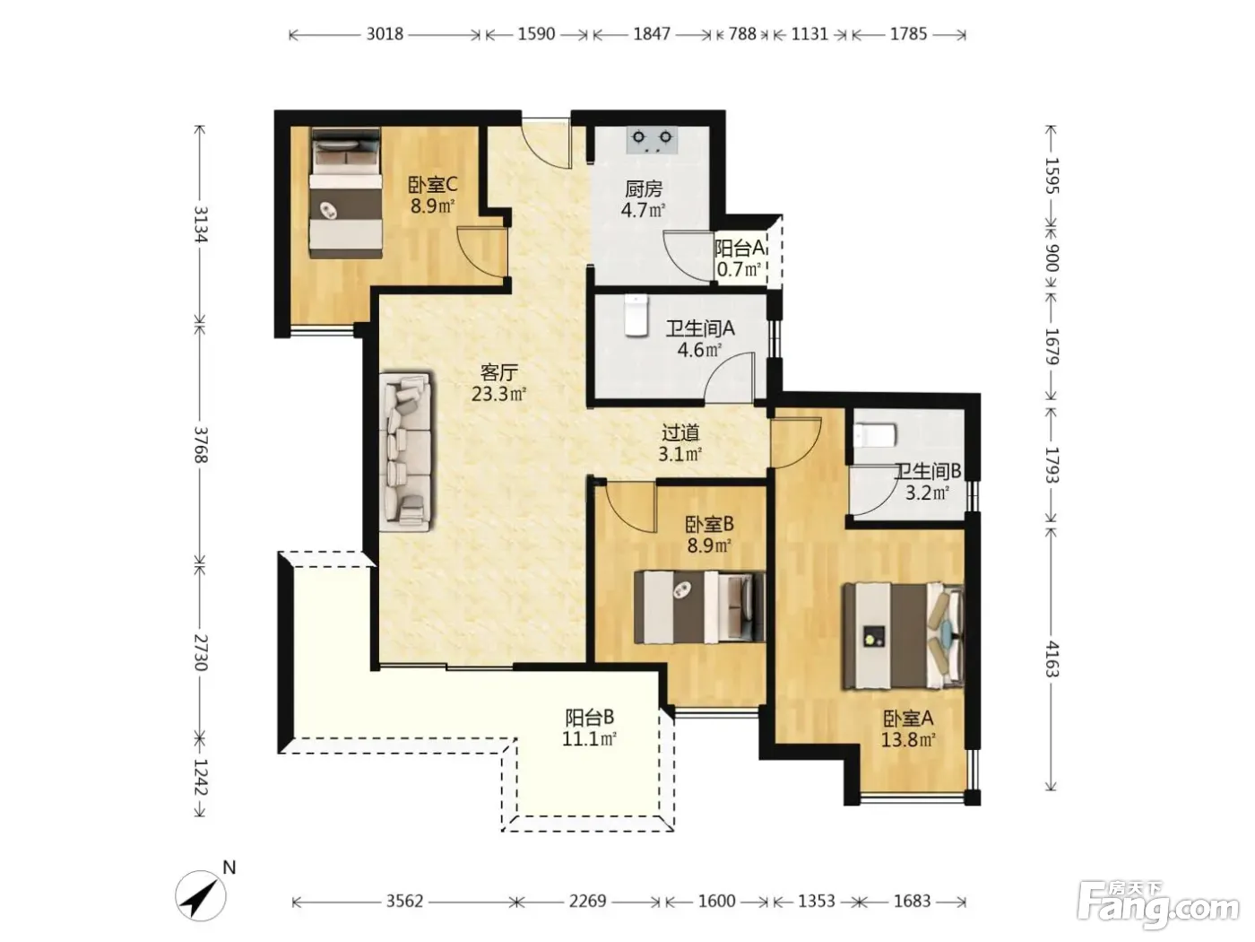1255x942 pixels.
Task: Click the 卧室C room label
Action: click(x=432, y=185)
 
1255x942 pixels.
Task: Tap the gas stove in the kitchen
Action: click(x=653, y=140)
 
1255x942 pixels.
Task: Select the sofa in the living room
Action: click(x=405, y=449)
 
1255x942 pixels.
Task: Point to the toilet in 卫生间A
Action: click(x=636, y=315)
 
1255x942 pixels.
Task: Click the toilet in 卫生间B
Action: click(x=875, y=435)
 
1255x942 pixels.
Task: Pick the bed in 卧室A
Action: click(x=902, y=635)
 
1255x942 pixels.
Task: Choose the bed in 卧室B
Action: click(x=699, y=606)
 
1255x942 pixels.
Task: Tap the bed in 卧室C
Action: click(x=346, y=193)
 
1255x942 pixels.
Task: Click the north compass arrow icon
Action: click(x=201, y=896)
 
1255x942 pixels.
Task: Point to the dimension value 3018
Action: click(x=385, y=34)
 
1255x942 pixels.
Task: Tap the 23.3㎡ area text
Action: click(x=498, y=394)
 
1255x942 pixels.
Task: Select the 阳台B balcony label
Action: click(x=590, y=717)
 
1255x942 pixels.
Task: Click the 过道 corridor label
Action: click(x=680, y=432)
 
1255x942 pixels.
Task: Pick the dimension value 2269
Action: click(x=588, y=901)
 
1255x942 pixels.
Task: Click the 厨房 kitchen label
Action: click(x=644, y=188)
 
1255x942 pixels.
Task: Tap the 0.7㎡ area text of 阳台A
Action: click(x=739, y=269)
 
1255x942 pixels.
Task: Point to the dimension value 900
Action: click(x=1052, y=258)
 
